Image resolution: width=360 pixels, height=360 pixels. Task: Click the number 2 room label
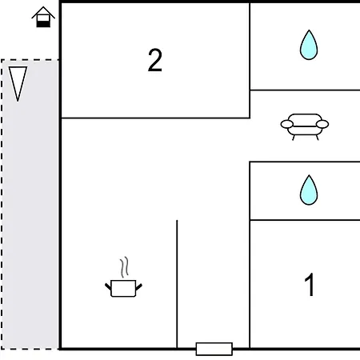(x=155, y=60)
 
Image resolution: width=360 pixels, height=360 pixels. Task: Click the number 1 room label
(x=310, y=285)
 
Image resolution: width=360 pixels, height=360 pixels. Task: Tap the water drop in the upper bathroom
(x=309, y=45)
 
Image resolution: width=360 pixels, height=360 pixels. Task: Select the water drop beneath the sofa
(x=309, y=190)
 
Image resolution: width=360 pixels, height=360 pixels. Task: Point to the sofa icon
(x=305, y=126)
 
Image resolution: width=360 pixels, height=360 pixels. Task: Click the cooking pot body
(x=123, y=288)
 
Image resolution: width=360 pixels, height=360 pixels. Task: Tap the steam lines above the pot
(x=124, y=267)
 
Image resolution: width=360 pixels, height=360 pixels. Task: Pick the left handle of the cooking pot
(x=108, y=286)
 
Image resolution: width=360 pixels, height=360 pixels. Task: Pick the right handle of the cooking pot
(x=138, y=286)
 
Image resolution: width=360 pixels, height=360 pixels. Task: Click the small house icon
(x=43, y=17)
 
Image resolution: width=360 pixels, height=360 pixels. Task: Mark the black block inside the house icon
(x=43, y=24)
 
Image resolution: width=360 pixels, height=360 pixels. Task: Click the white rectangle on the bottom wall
(x=214, y=349)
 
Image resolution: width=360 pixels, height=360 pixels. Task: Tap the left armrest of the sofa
(x=287, y=124)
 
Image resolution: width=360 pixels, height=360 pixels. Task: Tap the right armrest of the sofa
(x=322, y=124)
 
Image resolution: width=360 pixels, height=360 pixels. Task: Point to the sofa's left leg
(x=294, y=138)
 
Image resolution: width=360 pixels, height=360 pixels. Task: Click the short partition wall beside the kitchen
(x=177, y=284)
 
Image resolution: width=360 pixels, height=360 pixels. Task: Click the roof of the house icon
(x=43, y=12)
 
